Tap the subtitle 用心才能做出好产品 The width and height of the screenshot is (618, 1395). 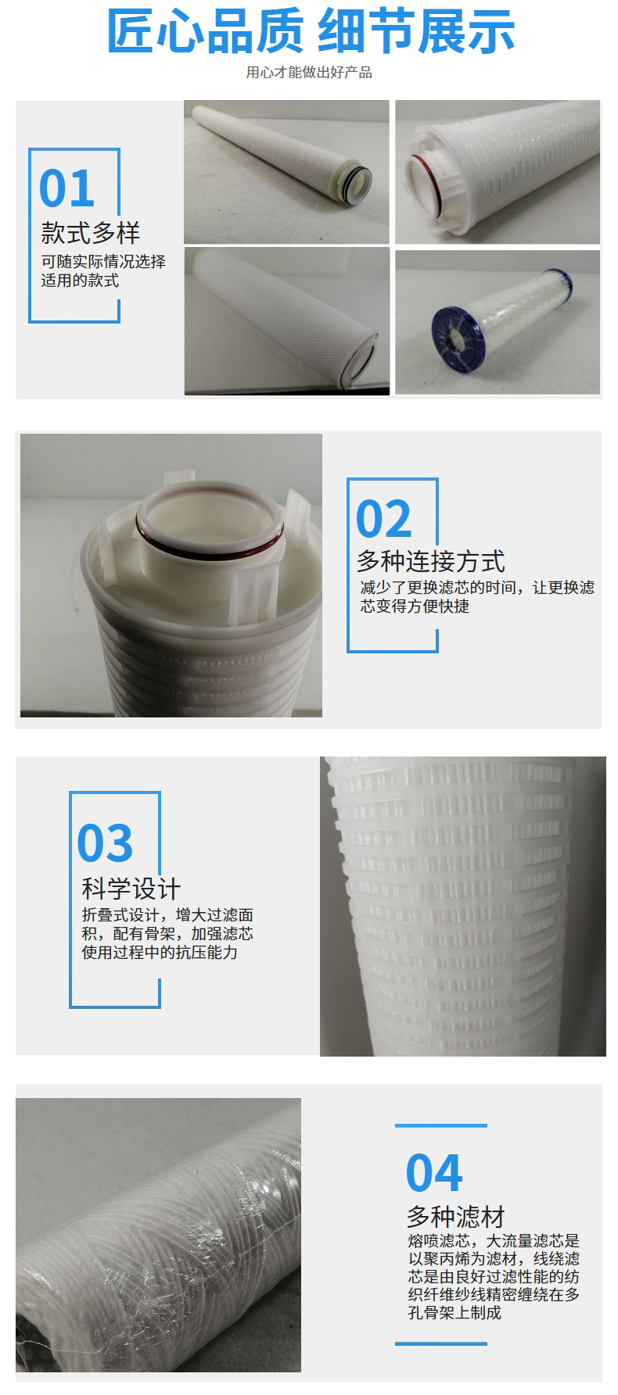pos(309,73)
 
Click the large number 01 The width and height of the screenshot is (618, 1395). pos(66,188)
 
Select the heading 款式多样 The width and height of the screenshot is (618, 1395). pos(91,233)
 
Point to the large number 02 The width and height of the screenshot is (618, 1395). pos(383,519)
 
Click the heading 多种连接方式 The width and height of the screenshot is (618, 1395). pos(431,561)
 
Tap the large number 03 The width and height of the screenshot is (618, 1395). pos(105,842)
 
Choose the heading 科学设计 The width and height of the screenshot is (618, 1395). pos(131,889)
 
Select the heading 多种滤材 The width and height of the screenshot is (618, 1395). pos(456,1217)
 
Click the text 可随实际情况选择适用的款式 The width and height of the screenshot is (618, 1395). pos(103,270)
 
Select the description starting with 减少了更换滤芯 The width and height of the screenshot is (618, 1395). pos(477,596)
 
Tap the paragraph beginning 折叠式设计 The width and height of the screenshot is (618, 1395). pos(167,934)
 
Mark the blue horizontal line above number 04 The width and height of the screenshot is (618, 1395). pos(441,1125)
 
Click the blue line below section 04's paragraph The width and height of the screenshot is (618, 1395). pos(441,1344)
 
